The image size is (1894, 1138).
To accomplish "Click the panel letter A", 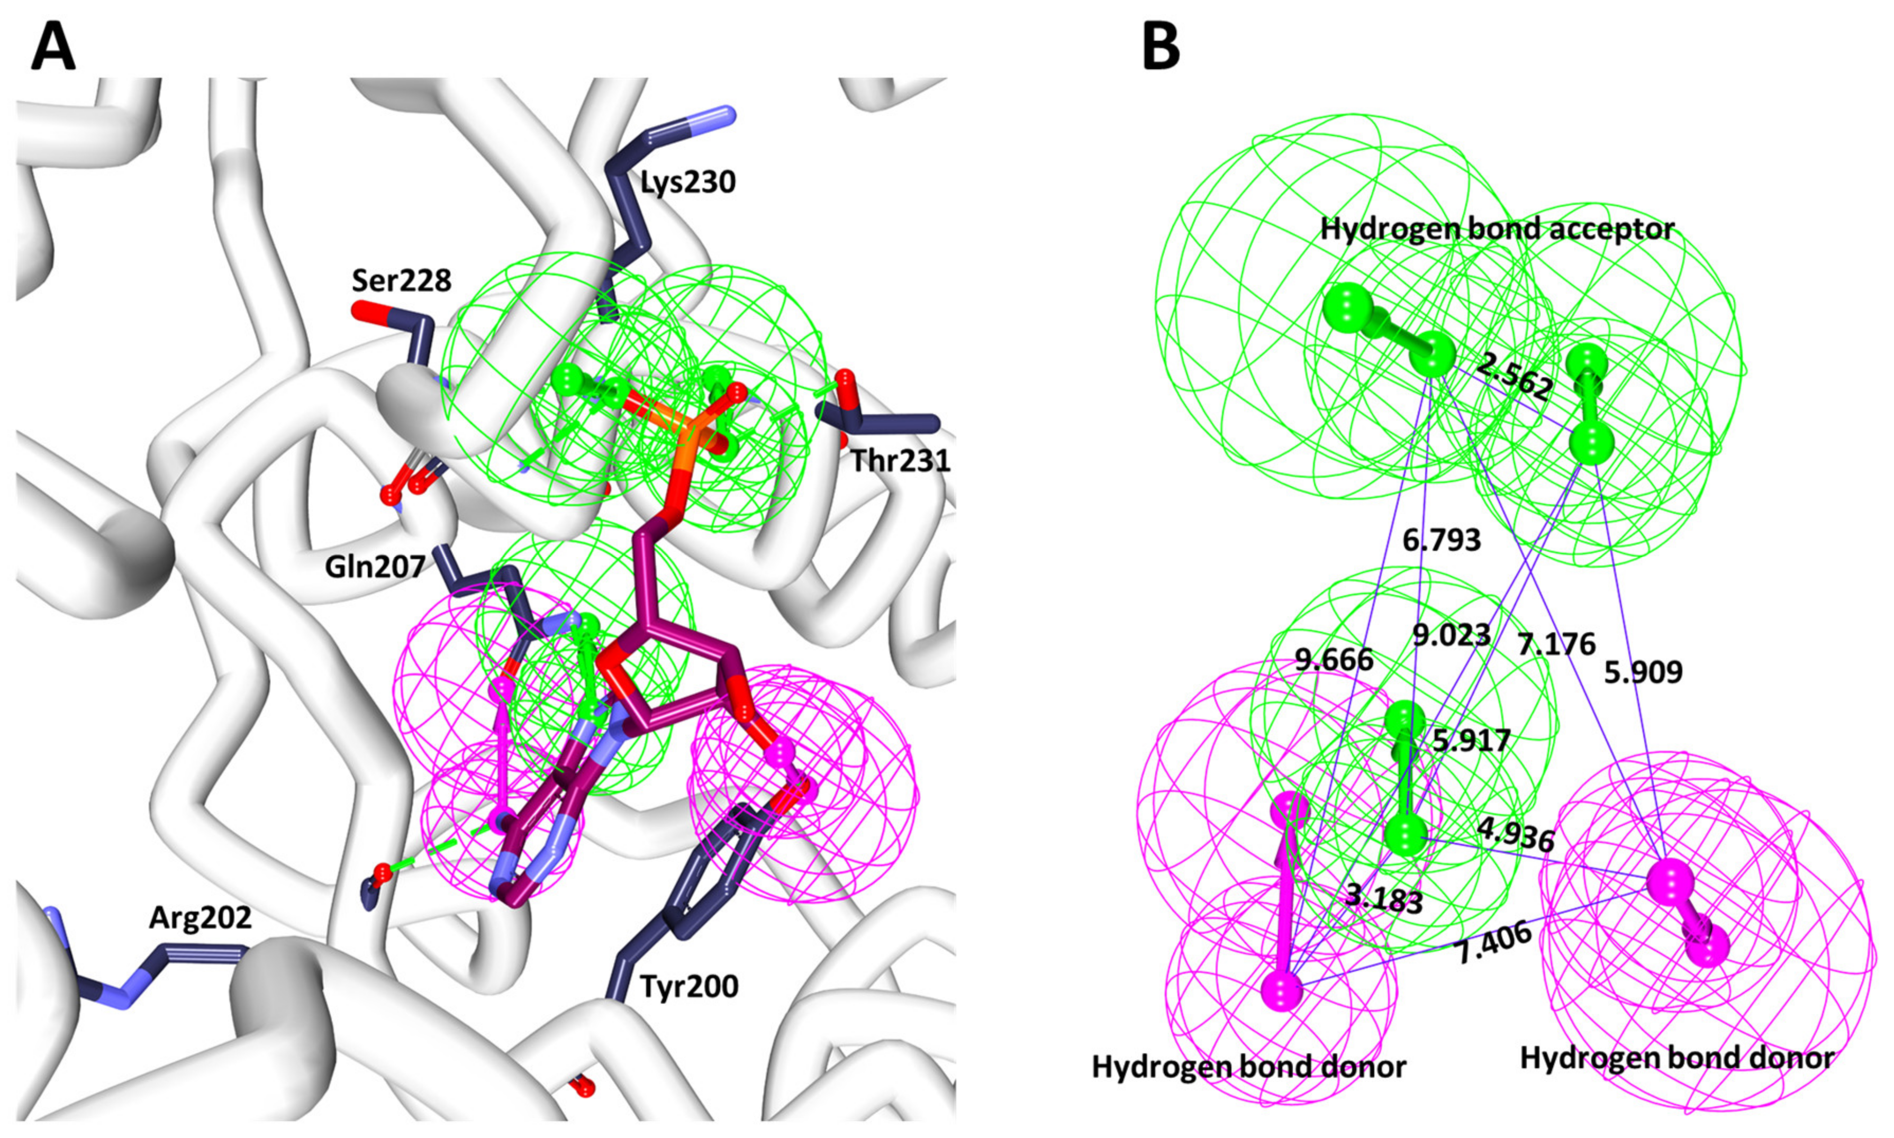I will click(x=53, y=46).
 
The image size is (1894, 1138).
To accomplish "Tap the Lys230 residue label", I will click(x=688, y=183).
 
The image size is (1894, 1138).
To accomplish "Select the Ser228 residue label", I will click(x=401, y=281).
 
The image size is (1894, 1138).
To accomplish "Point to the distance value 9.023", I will click(x=1452, y=635).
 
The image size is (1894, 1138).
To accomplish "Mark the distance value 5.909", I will click(x=1643, y=672).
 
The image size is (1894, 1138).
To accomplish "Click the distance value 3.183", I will click(x=1384, y=899).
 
